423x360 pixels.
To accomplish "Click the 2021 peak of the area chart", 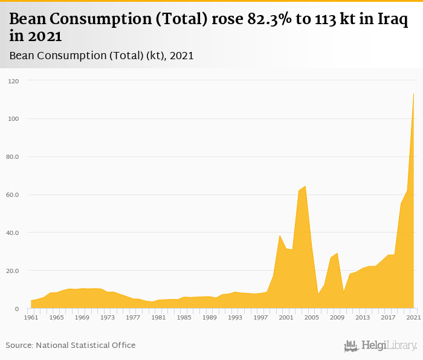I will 413,94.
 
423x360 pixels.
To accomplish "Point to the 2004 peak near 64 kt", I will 305,186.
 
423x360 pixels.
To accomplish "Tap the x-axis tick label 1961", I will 31,317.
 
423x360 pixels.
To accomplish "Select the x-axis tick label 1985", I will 184,317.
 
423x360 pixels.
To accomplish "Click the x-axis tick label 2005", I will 311,317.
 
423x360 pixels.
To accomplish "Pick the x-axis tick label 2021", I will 413,317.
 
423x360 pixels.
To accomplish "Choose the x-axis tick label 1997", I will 260,317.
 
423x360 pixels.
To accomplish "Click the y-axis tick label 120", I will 14,81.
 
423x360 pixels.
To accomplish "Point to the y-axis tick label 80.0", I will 13,157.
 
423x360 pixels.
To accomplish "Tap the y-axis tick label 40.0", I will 13,233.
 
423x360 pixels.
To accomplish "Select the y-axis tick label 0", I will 18,309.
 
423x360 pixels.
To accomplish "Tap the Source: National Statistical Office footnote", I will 71,346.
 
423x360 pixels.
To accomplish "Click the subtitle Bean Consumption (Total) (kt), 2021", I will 102,56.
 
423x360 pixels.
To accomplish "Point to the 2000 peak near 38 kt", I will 280,235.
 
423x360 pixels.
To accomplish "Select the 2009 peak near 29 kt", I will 337,253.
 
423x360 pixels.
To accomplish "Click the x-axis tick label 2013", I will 363,317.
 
